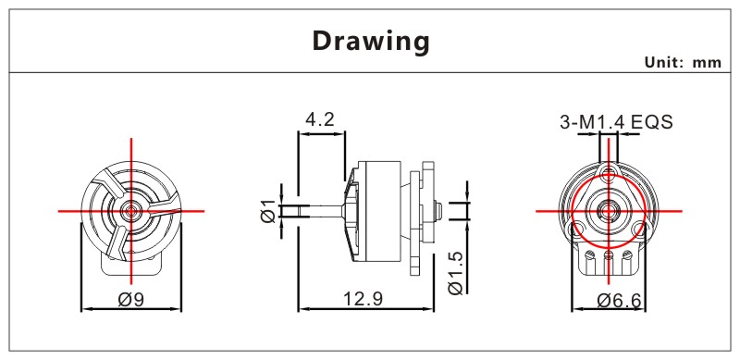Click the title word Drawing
[x=371, y=41]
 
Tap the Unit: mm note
[x=683, y=62]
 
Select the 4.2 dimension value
[x=320, y=119]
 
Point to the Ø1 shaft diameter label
[x=267, y=211]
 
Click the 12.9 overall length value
[x=363, y=299]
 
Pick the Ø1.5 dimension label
[x=456, y=273]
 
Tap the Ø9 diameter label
[x=130, y=299]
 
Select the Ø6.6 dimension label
[x=619, y=300]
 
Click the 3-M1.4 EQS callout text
[x=616, y=122]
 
